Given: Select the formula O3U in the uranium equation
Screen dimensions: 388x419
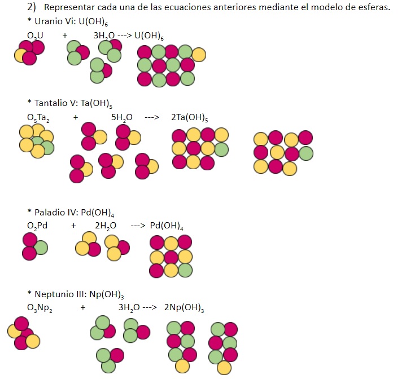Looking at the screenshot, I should [x=34, y=36].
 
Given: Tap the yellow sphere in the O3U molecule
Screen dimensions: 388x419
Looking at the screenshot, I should [x=21, y=55].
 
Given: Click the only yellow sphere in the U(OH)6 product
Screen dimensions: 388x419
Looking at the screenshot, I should [x=199, y=55].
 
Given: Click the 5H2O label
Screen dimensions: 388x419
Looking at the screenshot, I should [x=122, y=118].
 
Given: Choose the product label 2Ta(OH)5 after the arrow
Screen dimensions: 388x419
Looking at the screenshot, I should [x=189, y=118].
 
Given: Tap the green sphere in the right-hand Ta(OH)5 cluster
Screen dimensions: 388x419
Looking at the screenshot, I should [x=305, y=153].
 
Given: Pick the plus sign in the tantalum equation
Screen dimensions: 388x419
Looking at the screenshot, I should [x=76, y=118].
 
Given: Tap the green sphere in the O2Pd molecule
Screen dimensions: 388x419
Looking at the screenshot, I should [x=41, y=247].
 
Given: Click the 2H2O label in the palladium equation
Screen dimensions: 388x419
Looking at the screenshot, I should [x=106, y=226].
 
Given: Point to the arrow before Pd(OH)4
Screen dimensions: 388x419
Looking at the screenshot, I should [x=138, y=226].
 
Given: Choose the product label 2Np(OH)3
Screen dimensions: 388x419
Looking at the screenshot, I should [x=184, y=308].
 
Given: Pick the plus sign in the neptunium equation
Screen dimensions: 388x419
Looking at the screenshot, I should [x=83, y=308].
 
